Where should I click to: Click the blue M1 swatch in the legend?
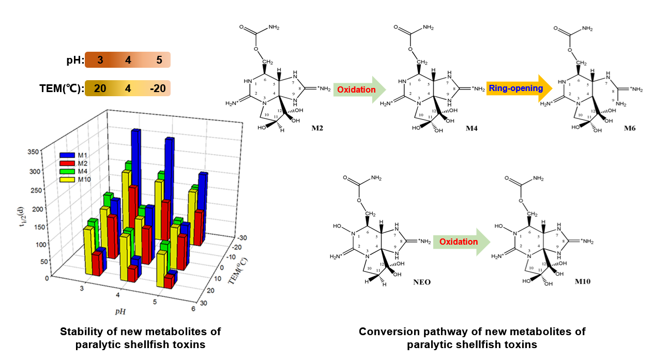[x=68, y=155]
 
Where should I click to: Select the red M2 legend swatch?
[x=68, y=163]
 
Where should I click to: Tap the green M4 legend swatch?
[x=68, y=171]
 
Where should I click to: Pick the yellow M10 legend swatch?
[x=68, y=179]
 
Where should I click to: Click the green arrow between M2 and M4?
[x=360, y=89]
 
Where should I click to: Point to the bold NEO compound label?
[x=421, y=282]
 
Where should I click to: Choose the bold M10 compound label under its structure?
[x=582, y=282]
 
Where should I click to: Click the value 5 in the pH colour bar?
[x=159, y=60]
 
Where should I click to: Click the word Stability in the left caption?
[x=83, y=331]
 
